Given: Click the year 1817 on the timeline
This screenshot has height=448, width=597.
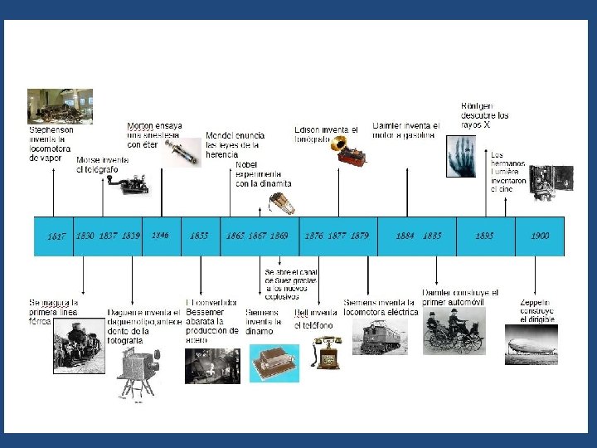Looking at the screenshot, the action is (56, 236).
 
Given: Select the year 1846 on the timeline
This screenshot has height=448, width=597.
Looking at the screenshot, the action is (160, 236).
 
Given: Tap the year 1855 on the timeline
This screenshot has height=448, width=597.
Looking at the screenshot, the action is (199, 236).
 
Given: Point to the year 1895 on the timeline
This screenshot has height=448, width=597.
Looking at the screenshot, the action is (484, 236).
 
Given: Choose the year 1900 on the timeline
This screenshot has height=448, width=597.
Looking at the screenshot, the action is (540, 236).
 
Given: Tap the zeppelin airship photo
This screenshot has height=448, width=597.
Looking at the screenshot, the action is (531, 344).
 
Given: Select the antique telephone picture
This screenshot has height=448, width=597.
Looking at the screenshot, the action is (328, 353).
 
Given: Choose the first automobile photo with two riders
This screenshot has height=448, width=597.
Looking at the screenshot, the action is (452, 332).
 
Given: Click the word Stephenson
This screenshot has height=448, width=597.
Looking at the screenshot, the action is (51, 130).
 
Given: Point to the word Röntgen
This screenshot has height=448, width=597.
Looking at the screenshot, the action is (476, 106).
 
